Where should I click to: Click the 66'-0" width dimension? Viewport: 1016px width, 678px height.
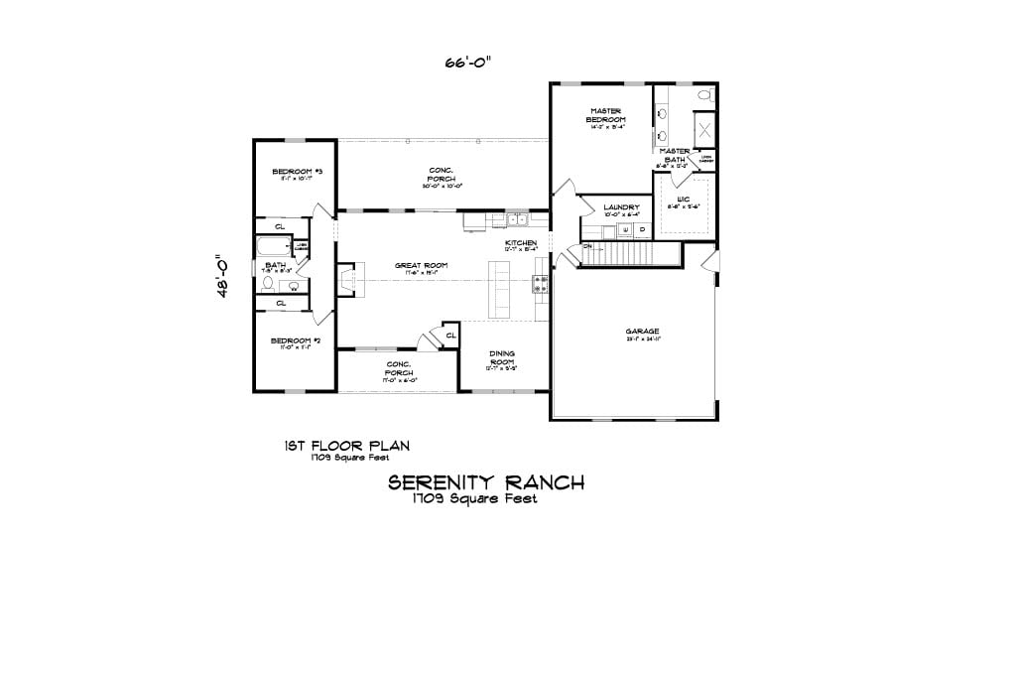(467, 62)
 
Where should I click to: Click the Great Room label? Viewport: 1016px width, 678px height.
(421, 266)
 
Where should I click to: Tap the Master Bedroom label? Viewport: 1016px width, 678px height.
(605, 116)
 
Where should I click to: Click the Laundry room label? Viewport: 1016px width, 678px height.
(621, 208)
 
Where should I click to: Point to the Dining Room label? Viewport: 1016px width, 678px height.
(502, 358)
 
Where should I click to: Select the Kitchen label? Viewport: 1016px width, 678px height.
(521, 244)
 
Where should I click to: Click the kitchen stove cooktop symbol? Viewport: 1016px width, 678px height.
(541, 286)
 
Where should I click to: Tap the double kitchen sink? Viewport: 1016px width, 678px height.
(516, 219)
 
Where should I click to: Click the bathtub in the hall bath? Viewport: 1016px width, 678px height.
(274, 246)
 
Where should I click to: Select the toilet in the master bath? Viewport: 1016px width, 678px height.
(704, 96)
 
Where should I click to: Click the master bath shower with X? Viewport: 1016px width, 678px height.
(704, 129)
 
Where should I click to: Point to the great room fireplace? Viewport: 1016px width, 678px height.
(345, 279)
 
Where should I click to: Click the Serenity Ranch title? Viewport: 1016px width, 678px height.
(485, 483)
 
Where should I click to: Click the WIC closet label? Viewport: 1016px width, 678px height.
(683, 201)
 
